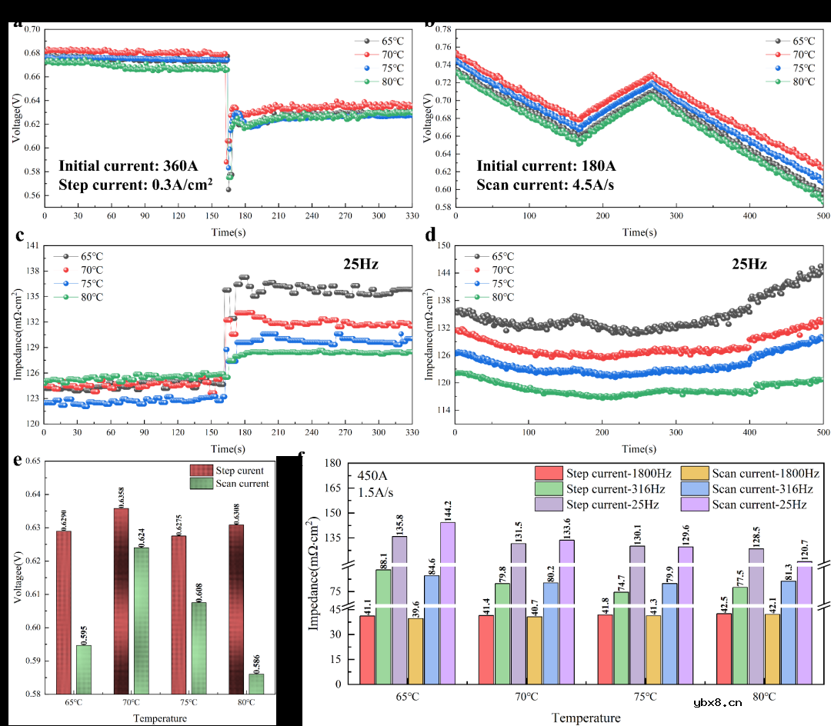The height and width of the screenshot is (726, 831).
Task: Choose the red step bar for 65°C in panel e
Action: [63, 612]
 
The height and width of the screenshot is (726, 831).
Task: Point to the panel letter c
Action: [20, 237]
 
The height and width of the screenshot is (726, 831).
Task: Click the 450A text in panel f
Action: [372, 475]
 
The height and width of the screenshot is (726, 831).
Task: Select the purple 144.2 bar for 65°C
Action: [447, 602]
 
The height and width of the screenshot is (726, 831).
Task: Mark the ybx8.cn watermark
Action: [717, 701]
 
